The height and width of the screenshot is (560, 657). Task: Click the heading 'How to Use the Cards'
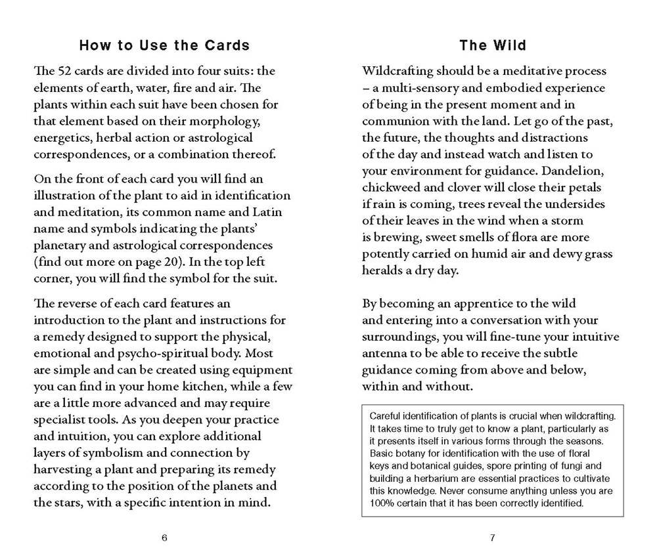164,45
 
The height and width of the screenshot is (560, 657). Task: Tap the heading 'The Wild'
493,45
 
